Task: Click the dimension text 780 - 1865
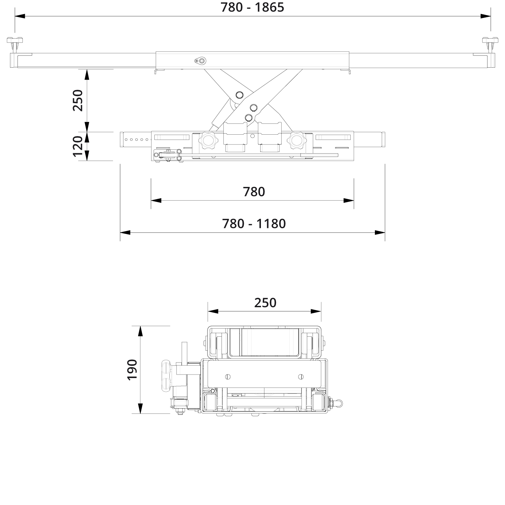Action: coord(252,7)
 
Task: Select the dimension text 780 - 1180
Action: coord(254,223)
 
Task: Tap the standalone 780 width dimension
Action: coord(254,192)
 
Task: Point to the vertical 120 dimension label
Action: coord(78,146)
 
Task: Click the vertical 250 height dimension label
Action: coord(78,100)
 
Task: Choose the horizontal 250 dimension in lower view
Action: coord(265,303)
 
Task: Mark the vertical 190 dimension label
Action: coord(132,369)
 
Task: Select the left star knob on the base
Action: coord(208,141)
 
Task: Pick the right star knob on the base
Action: coord(297,141)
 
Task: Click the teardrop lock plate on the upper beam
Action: coord(201,61)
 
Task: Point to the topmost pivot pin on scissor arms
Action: coord(240,95)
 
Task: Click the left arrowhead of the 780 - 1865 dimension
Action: coord(19,16)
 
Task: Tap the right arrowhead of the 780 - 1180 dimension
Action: coord(380,232)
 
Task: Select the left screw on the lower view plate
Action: coord(228,377)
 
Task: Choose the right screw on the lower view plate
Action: coord(301,377)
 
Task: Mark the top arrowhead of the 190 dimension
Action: coord(140,331)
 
